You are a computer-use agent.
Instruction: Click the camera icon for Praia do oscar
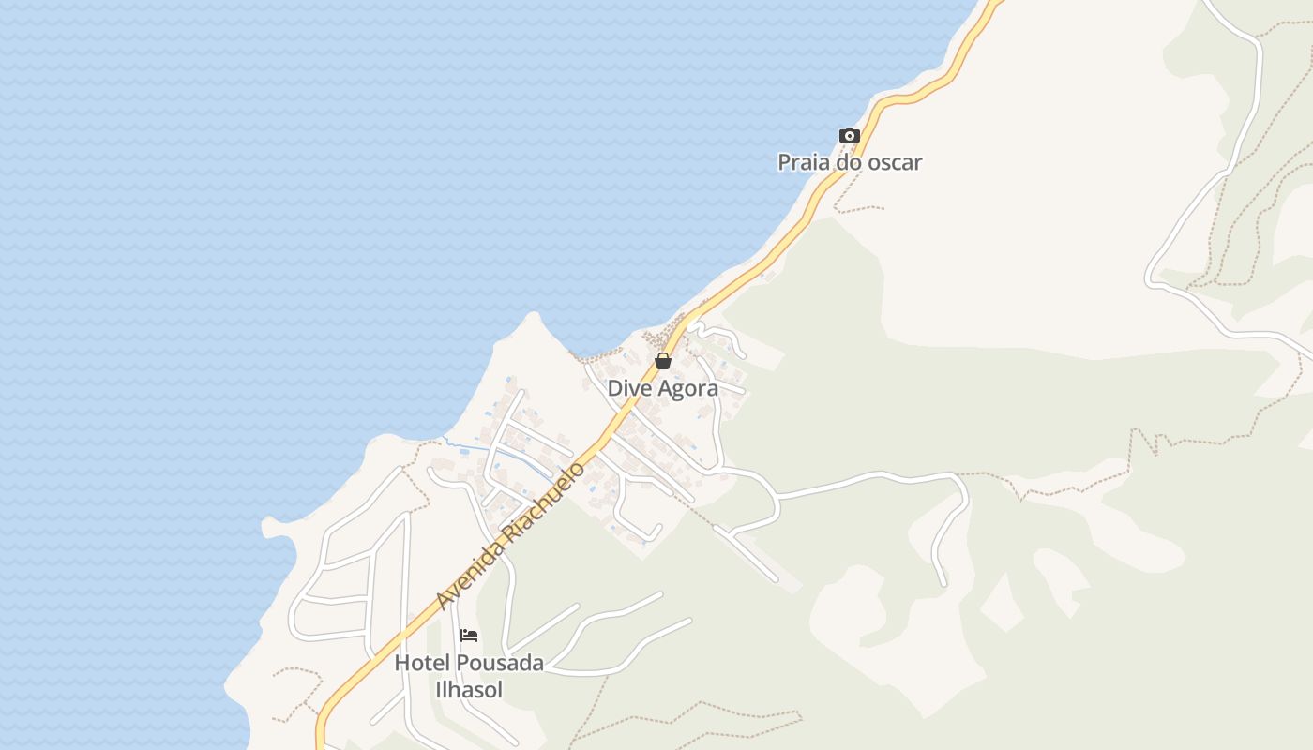tap(849, 136)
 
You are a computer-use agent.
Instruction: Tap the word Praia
tap(804, 162)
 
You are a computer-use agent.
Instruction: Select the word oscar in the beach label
tap(892, 162)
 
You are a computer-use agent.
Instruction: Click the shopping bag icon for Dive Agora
tap(663, 361)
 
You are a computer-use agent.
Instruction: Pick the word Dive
tap(627, 388)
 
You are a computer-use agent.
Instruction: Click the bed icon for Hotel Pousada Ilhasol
tap(469, 636)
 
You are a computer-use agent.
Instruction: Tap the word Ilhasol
tap(469, 690)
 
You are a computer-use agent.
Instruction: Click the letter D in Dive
tap(614, 388)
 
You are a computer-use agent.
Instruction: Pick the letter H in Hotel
tap(401, 663)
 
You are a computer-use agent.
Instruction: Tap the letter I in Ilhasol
tap(438, 690)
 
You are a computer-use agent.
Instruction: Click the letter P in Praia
tap(784, 162)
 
